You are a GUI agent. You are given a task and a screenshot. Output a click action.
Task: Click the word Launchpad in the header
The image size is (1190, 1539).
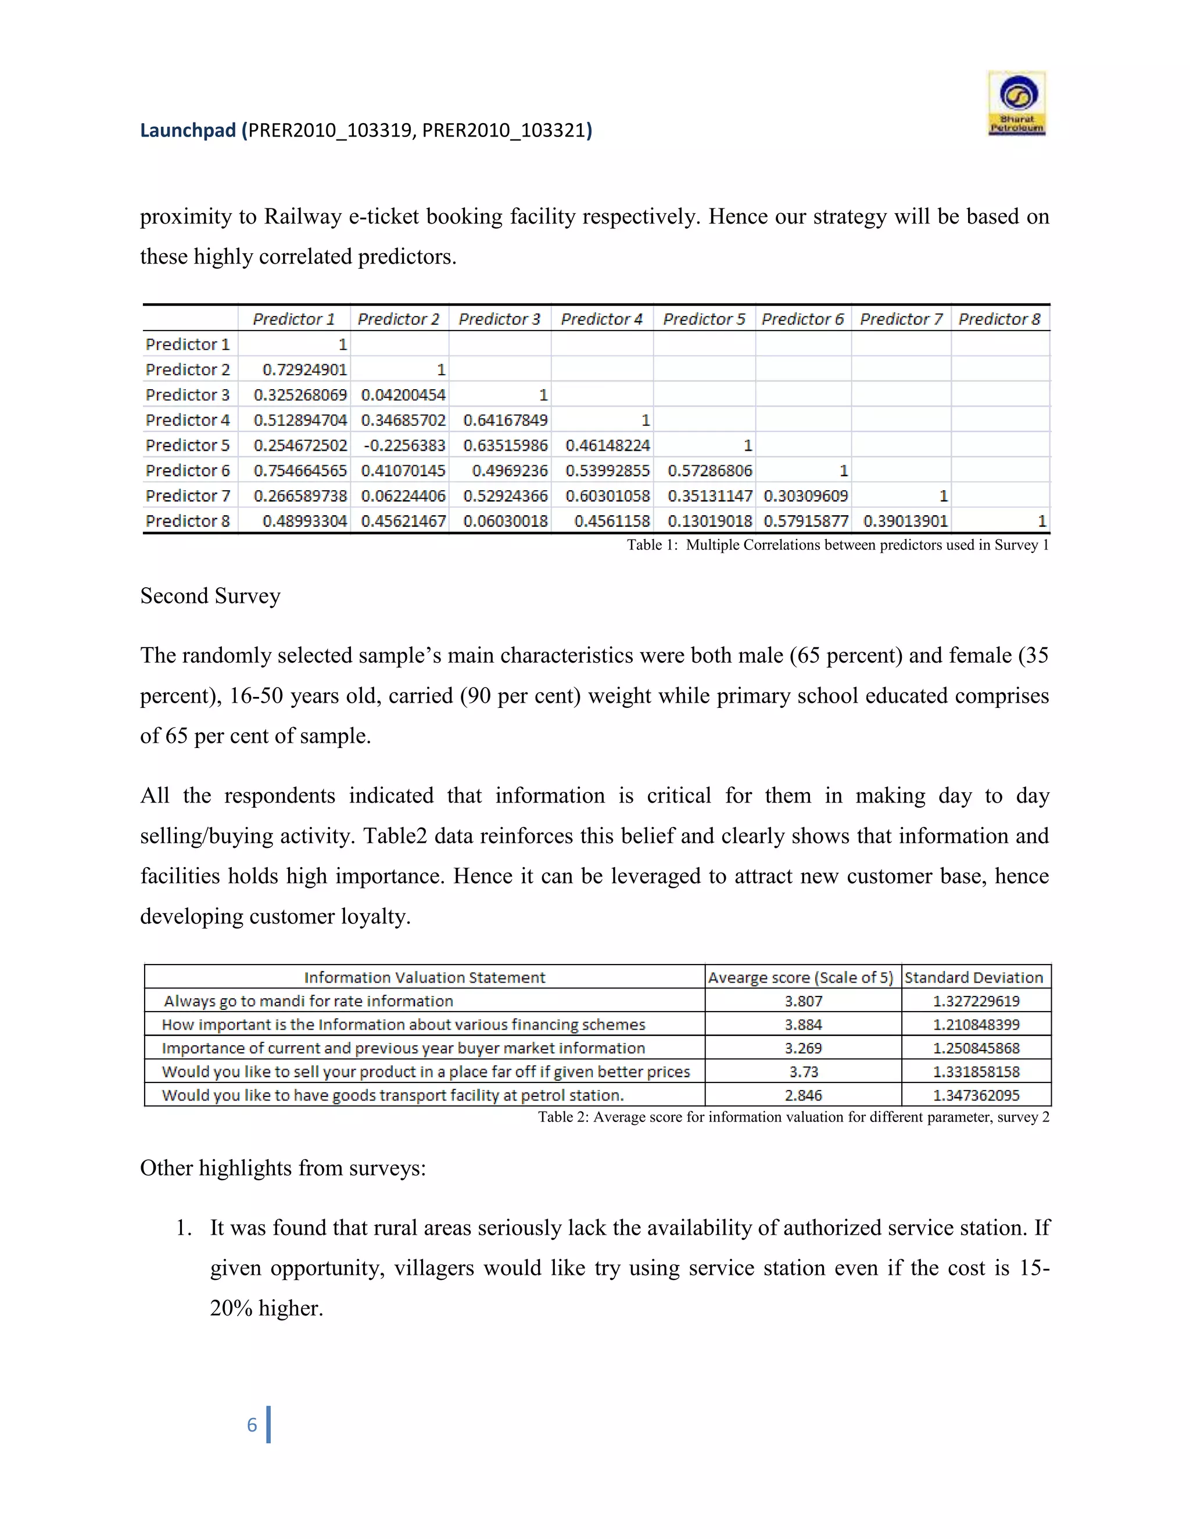click(188, 130)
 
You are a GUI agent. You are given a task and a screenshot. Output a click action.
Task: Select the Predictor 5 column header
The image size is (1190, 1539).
click(704, 319)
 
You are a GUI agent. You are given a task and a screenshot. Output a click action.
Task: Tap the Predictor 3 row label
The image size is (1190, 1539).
click(188, 394)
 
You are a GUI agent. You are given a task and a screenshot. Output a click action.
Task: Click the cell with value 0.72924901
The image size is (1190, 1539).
click(304, 369)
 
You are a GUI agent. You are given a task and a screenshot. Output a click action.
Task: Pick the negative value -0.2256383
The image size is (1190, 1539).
click(404, 445)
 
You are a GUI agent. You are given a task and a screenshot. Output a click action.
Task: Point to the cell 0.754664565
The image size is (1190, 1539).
click(300, 471)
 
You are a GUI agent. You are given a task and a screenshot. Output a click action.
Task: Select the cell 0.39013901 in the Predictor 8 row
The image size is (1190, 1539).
click(905, 521)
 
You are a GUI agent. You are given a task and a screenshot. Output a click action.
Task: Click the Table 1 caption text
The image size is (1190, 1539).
click(837, 545)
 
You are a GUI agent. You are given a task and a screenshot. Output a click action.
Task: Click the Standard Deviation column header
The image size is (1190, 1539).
click(974, 977)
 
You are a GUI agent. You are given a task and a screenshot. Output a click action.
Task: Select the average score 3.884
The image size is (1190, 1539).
click(803, 1024)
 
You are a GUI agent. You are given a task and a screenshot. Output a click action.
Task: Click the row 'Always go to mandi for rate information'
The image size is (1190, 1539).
click(308, 1001)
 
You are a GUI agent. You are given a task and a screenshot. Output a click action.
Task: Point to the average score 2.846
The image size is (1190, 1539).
click(803, 1095)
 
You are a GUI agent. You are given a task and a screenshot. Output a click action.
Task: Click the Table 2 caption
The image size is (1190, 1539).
click(793, 1117)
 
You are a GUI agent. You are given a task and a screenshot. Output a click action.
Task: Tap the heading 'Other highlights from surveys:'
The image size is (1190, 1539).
click(283, 1168)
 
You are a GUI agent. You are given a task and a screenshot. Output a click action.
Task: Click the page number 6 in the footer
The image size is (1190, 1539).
click(252, 1425)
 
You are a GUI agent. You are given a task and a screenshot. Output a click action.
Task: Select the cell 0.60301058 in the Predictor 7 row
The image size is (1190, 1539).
click(607, 496)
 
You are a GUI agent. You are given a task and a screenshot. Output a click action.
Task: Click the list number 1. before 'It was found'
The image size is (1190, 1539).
click(184, 1228)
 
